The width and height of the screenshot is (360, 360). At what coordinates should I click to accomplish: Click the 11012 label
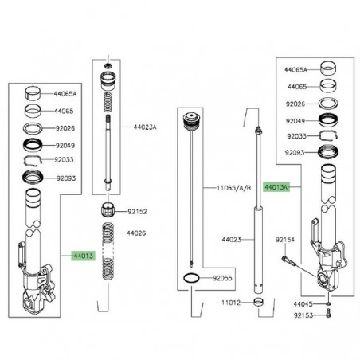coord(231,303)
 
